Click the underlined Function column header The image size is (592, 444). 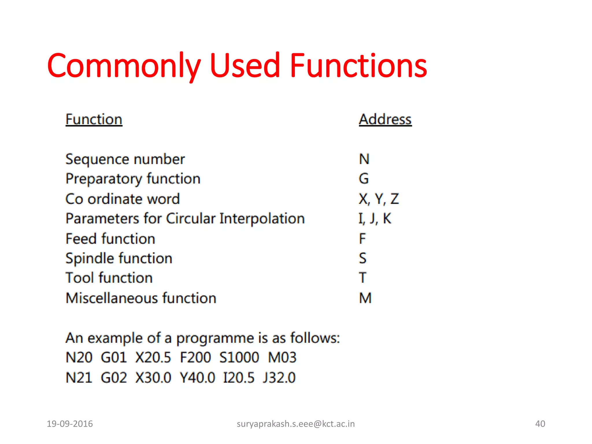[94, 119]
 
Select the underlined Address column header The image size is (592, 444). [385, 119]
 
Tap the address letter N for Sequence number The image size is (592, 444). [364, 159]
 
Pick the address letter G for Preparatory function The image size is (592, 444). [364, 179]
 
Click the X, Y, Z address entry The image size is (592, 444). [378, 199]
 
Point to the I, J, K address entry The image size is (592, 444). [375, 219]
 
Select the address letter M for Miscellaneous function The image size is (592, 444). [365, 298]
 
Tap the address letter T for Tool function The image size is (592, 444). [362, 278]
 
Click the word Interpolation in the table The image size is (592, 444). [262, 219]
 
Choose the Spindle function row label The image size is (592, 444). [119, 258]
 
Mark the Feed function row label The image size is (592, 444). [110, 239]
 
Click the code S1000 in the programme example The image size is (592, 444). [239, 357]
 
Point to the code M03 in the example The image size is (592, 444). [282, 357]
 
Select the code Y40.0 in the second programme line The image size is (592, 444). [197, 378]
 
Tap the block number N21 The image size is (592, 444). [79, 378]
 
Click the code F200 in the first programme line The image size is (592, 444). [195, 357]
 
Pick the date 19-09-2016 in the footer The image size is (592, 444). [70, 424]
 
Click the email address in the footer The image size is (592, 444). [295, 424]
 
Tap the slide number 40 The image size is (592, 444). [540, 424]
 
